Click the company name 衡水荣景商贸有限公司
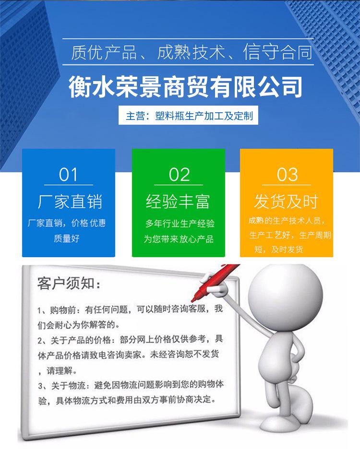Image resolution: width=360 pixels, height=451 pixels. (x=186, y=86)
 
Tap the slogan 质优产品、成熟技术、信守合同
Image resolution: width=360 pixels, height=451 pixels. (x=192, y=52)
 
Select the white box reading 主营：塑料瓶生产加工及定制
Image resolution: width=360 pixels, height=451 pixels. (x=188, y=115)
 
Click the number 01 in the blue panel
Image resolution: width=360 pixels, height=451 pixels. (x=68, y=175)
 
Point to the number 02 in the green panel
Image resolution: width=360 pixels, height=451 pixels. (x=179, y=175)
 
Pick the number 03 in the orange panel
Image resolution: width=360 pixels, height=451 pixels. (x=287, y=175)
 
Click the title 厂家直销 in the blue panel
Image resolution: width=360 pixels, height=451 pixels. (x=70, y=202)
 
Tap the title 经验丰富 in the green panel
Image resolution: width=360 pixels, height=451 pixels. (x=178, y=202)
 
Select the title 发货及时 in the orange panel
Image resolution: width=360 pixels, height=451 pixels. (x=286, y=202)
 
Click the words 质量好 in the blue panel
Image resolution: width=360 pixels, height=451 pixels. (x=66, y=238)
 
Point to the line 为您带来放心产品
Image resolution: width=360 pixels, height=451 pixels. (x=179, y=239)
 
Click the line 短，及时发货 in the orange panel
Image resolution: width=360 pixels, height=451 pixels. (x=279, y=249)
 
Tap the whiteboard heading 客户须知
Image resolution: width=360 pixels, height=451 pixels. (x=69, y=283)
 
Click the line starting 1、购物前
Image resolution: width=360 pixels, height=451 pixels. (x=130, y=309)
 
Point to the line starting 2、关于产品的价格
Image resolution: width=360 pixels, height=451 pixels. (x=131, y=340)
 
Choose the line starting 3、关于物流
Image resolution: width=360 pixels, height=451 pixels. (x=131, y=385)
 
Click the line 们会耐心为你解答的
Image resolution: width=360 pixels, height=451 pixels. (x=79, y=325)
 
